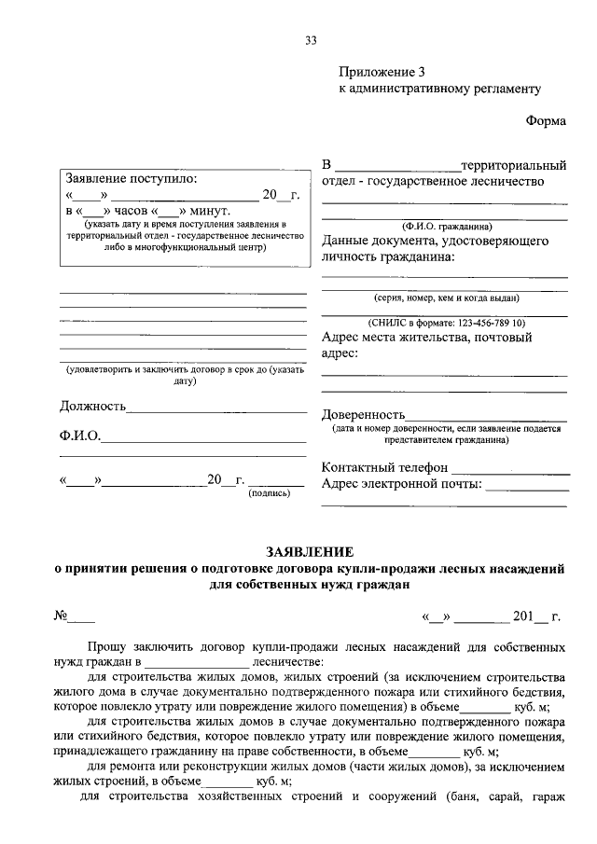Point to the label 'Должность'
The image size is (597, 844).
click(92, 407)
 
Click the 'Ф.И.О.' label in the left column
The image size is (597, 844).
click(80, 436)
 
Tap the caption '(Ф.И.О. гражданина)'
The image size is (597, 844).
click(447, 226)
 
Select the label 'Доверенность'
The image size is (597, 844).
click(363, 414)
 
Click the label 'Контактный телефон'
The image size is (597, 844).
click(384, 467)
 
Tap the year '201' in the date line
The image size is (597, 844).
click(523, 616)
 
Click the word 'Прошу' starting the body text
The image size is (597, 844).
click(109, 646)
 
